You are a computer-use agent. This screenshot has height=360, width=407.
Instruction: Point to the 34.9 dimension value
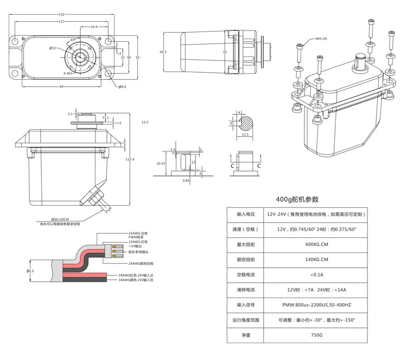point(94,27)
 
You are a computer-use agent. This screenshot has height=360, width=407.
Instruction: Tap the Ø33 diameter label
point(53,48)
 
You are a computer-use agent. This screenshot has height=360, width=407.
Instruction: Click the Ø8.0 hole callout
point(122,87)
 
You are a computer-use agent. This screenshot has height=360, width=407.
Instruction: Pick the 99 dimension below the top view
point(61,86)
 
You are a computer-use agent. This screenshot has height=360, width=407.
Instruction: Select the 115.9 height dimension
point(129,159)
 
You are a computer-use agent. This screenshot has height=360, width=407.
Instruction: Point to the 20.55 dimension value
point(161,163)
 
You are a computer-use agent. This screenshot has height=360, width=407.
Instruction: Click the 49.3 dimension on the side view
point(163,52)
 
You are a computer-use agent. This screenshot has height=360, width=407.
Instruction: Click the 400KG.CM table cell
point(316,244)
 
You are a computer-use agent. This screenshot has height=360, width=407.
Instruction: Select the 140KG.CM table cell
point(316,260)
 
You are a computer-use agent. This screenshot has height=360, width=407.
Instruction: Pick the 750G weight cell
point(316,335)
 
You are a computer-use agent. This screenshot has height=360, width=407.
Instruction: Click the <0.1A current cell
point(316,275)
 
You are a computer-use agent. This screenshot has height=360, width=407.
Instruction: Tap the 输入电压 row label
point(245,214)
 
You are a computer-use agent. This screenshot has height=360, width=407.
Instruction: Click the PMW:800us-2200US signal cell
point(316,305)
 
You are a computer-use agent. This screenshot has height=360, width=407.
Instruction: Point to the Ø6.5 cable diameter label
point(30,270)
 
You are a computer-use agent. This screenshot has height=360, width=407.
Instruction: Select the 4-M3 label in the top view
point(68,73)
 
